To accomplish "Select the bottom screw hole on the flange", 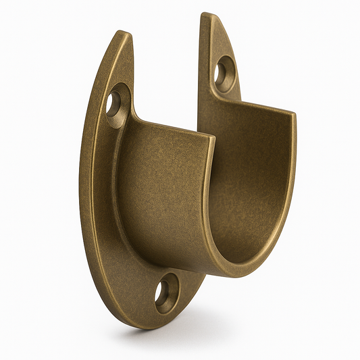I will [165, 295].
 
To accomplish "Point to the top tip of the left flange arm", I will [123, 33].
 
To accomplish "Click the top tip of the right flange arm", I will [206, 15].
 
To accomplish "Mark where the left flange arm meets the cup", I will [132, 122].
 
